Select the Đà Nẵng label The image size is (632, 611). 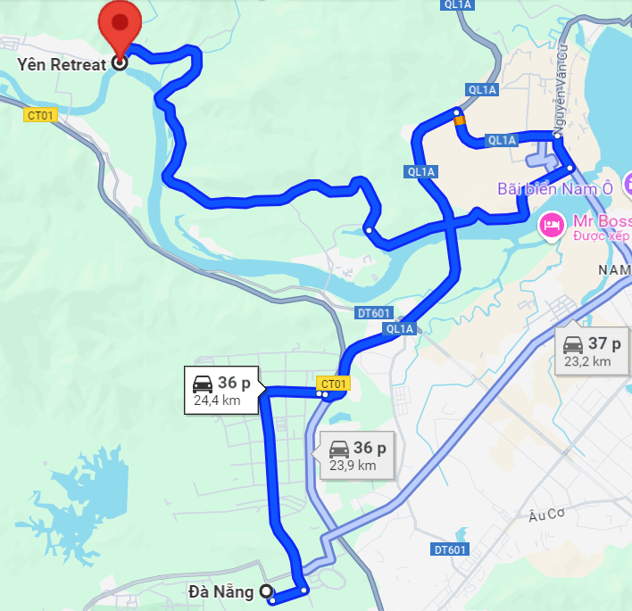(x=220, y=590)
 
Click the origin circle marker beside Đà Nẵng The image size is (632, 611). (x=265, y=590)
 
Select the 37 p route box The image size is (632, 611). (x=592, y=351)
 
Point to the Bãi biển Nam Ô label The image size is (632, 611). (x=556, y=188)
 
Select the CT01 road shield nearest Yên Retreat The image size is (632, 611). (x=41, y=114)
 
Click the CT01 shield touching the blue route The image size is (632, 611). (x=333, y=384)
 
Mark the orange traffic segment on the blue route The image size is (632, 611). (x=459, y=121)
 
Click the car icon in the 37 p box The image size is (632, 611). (x=572, y=343)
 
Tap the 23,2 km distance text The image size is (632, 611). (x=587, y=361)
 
